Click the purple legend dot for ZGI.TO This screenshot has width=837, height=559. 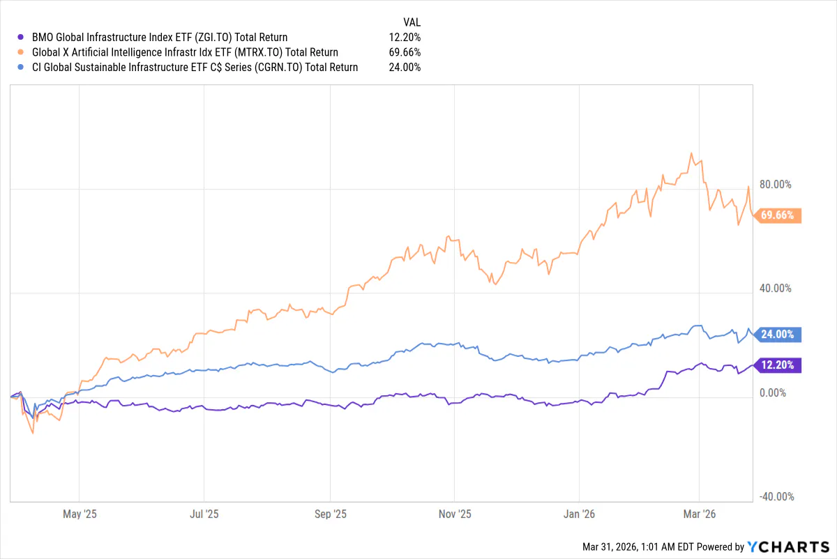(x=20, y=37)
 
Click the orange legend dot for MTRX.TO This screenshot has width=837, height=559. (x=20, y=52)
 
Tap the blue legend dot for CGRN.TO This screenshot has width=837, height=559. (x=20, y=68)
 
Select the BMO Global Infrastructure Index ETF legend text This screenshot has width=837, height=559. (x=160, y=37)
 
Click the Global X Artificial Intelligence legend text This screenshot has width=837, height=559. (x=185, y=52)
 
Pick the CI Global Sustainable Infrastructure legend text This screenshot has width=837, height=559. (x=195, y=68)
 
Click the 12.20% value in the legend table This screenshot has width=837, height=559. (x=405, y=37)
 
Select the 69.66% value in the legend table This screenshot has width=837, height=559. (x=405, y=52)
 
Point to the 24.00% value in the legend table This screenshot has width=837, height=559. (x=405, y=68)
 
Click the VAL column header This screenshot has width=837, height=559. (x=412, y=22)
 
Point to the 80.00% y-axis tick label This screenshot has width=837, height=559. (x=775, y=185)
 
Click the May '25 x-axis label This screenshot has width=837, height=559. (x=80, y=514)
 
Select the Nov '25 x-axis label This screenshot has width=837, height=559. (x=454, y=514)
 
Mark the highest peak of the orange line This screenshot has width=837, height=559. (x=691, y=153)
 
